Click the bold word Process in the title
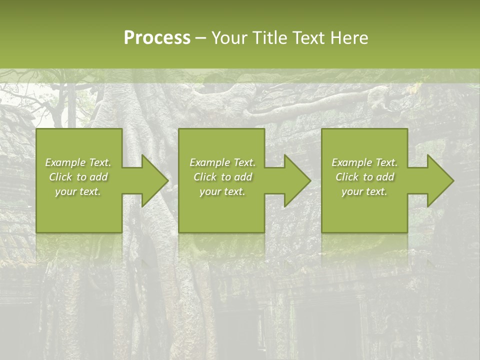coord(157,37)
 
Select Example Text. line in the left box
coord(78,162)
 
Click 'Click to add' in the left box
coord(78,177)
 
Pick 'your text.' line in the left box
coord(78,191)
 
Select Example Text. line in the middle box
coord(222,162)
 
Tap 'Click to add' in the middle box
coord(222,177)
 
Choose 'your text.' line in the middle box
coord(222,191)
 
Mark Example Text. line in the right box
coord(364,162)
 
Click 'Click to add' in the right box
coord(364,177)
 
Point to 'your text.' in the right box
coord(364,191)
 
